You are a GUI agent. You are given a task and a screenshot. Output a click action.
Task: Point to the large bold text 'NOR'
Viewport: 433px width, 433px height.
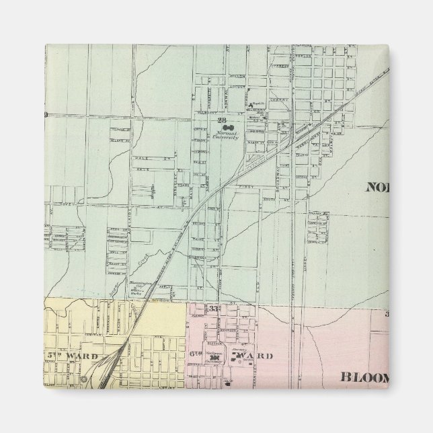tap(379, 188)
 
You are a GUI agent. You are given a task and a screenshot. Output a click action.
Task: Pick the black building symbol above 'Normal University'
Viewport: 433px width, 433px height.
tap(229, 126)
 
